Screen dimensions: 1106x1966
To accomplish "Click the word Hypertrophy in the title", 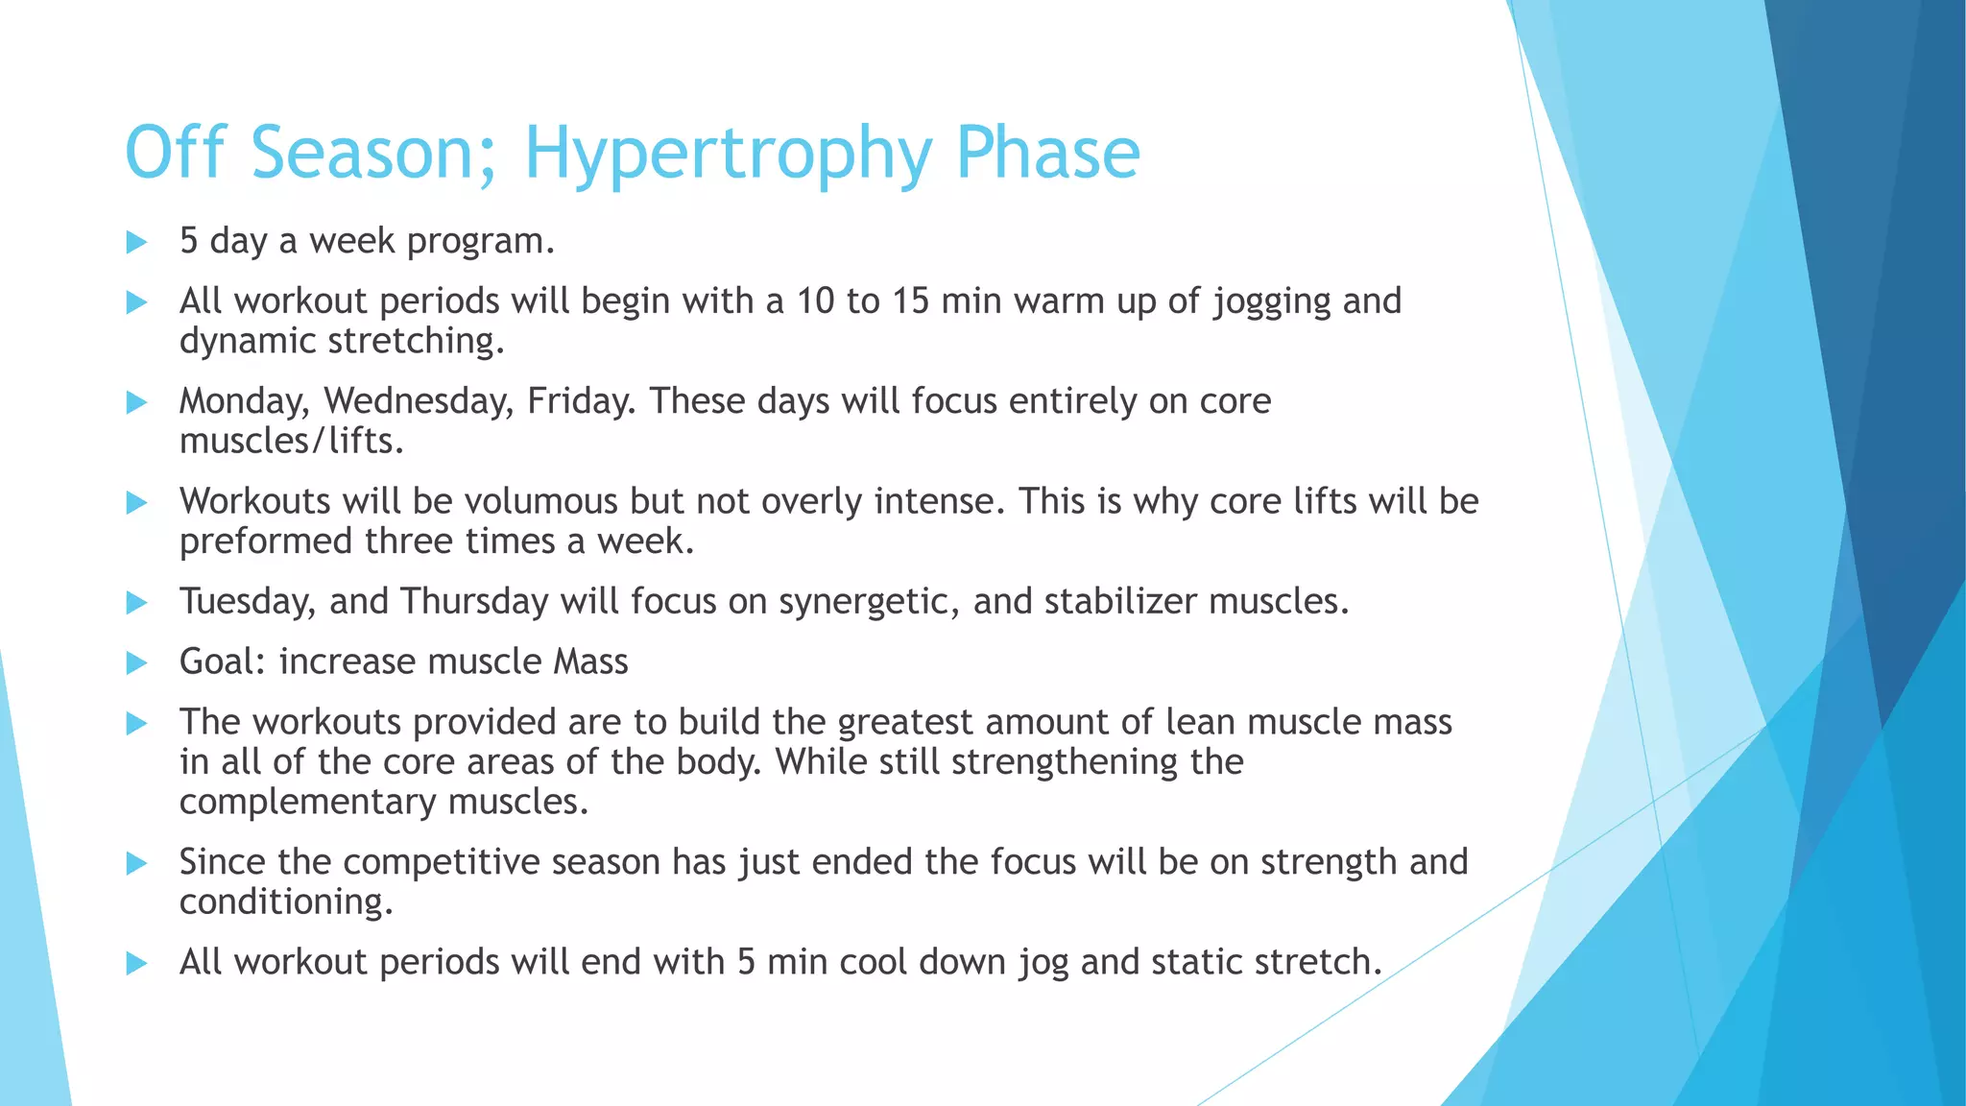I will click(727, 154).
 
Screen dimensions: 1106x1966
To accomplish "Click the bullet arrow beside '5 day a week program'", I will click(136, 242).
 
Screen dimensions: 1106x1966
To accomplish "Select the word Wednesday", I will click(418, 401).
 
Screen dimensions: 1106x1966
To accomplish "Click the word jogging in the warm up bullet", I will click(1271, 302).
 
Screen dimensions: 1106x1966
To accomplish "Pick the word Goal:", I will click(223, 662).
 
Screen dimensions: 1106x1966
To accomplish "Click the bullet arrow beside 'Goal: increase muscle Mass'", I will click(136, 662).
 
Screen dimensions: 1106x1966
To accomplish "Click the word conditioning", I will click(285, 902).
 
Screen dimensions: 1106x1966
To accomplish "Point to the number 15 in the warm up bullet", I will click(910, 302).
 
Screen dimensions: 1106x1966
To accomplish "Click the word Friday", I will click(581, 401).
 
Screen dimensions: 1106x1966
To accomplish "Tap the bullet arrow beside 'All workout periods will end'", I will click(136, 963).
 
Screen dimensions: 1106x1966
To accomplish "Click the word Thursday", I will click(474, 602).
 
